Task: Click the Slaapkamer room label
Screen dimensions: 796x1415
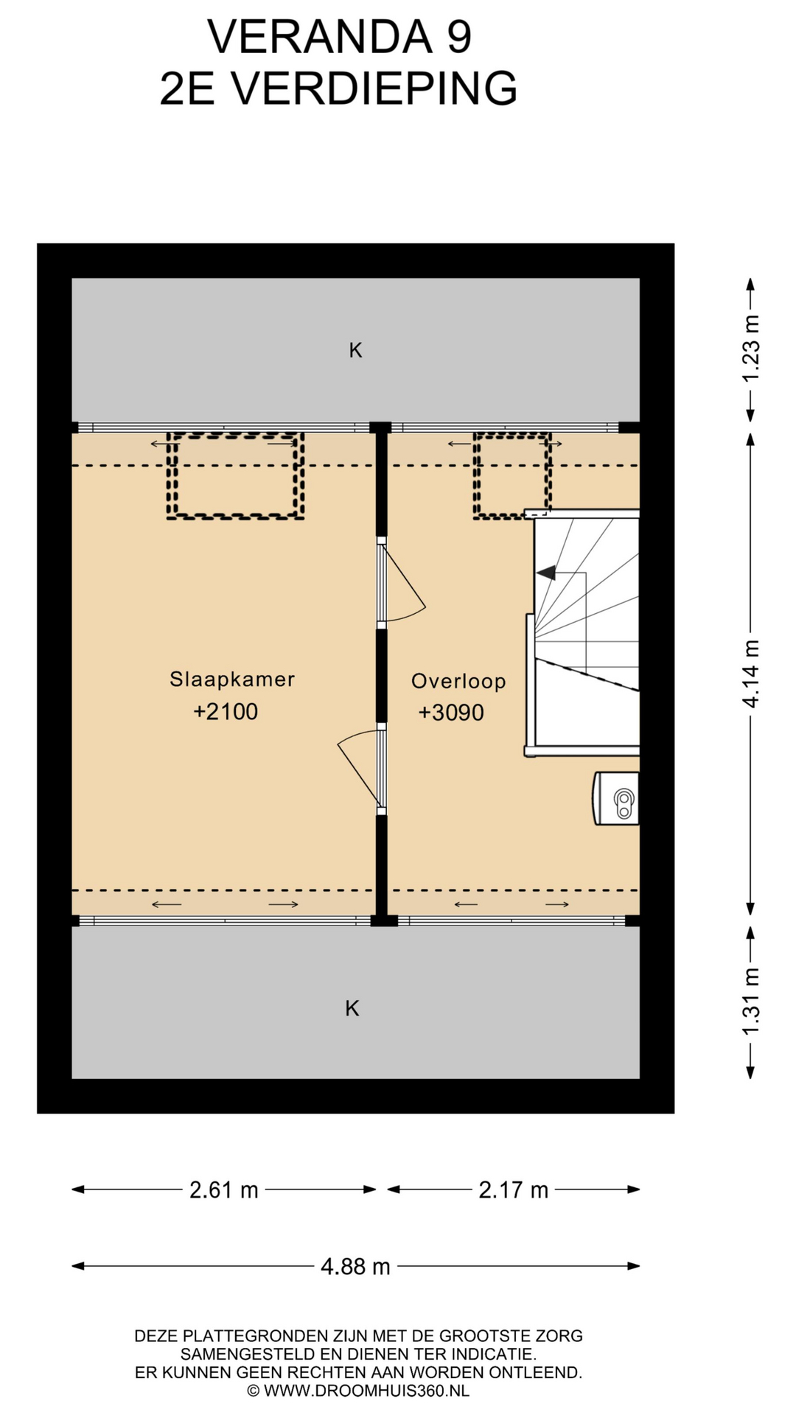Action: (232, 679)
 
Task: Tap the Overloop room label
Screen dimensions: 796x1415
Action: (458, 681)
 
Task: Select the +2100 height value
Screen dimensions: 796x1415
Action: (226, 712)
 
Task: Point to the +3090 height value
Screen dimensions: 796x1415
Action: (451, 713)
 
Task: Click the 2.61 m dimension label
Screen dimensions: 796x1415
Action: (224, 1189)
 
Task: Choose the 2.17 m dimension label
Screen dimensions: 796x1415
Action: (514, 1189)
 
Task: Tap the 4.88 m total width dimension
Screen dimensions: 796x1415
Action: (355, 1266)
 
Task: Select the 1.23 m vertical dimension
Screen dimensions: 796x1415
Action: (750, 349)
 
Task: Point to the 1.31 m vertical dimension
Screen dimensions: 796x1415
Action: (750, 1002)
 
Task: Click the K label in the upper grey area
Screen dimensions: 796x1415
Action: (355, 350)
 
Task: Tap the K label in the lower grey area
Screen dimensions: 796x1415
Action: (352, 1008)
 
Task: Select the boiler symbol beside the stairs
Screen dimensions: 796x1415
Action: (616, 798)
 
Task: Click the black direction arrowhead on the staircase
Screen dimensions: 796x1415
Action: (546, 572)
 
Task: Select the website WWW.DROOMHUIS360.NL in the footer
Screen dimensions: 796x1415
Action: (366, 1391)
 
